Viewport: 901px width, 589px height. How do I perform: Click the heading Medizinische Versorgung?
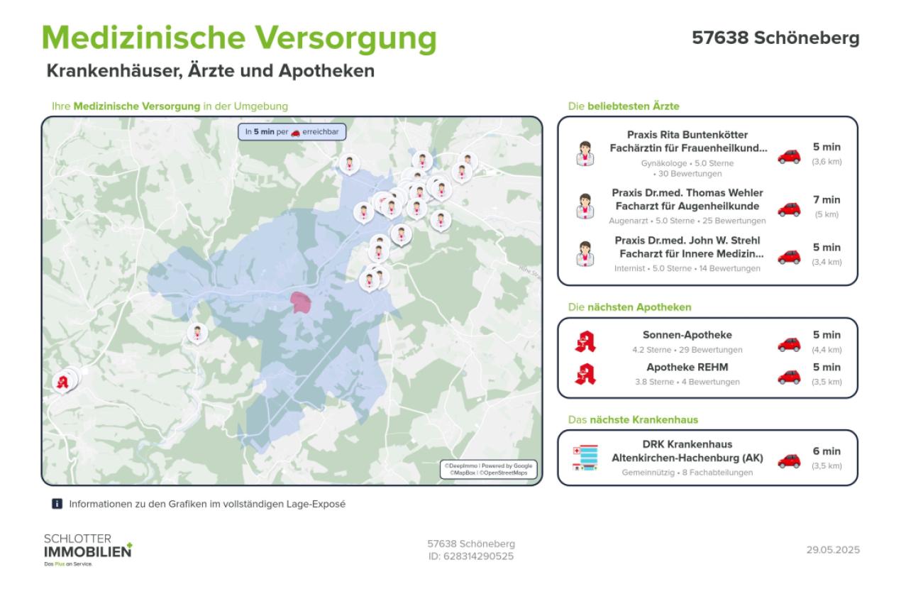pos(239,39)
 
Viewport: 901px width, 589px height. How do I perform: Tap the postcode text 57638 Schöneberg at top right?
pos(775,38)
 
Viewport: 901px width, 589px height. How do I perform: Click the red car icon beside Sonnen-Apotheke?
pos(788,344)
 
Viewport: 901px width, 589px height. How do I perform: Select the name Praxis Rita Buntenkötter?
pos(687,135)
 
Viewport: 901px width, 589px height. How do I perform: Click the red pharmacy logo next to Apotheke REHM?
pos(585,373)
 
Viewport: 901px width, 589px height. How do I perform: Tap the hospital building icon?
pos(585,458)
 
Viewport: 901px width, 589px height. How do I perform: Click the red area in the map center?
pos(301,302)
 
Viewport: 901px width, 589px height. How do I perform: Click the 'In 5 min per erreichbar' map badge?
pos(282,132)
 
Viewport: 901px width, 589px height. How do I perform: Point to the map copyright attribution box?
pos(488,469)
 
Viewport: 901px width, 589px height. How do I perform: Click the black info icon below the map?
pos(57,504)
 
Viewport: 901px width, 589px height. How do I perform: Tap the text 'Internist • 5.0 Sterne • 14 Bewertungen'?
pos(687,268)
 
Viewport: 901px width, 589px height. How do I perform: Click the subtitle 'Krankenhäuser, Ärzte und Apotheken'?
pos(210,72)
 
